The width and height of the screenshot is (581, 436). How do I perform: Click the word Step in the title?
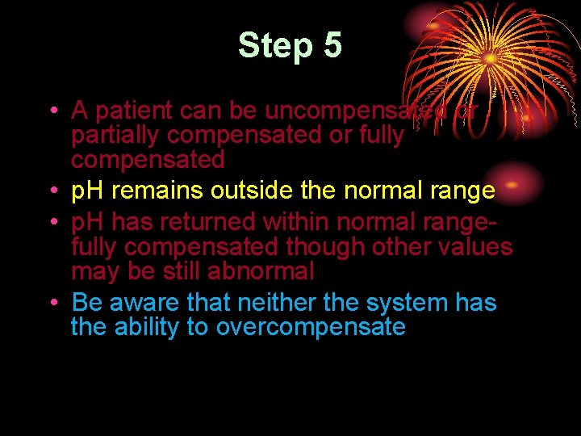(x=274, y=46)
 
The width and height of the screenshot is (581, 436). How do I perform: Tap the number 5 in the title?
(x=332, y=46)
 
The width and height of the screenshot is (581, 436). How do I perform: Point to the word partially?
(x=116, y=135)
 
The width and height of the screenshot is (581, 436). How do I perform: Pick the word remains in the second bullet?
(x=159, y=191)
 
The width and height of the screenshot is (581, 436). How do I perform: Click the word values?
(x=475, y=246)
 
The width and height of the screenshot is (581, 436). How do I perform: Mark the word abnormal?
(x=260, y=271)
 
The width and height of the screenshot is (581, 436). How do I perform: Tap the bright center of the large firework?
(x=489, y=59)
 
